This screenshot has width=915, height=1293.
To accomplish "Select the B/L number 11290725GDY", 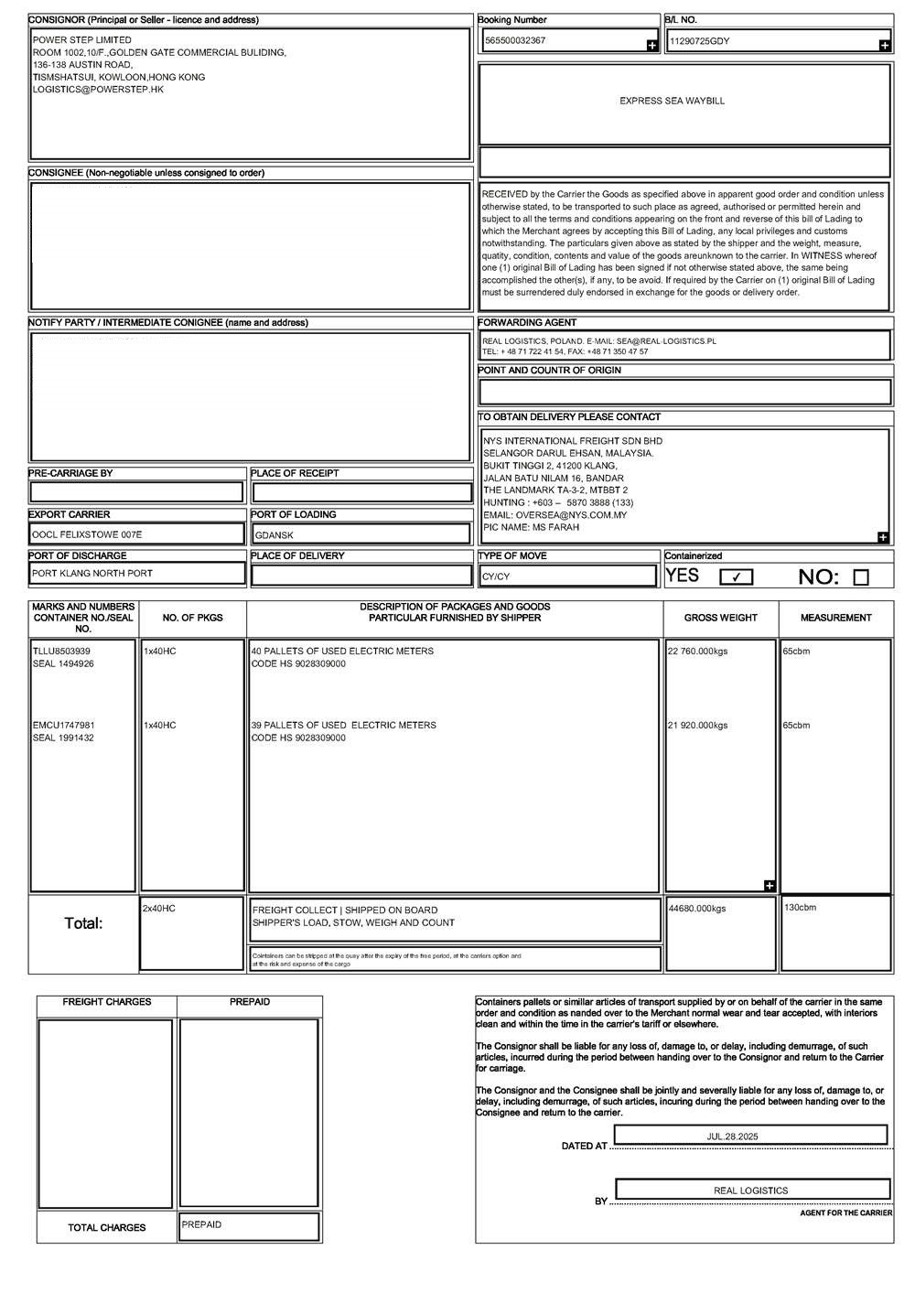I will click(x=700, y=41).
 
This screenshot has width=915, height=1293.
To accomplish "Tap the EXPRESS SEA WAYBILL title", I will click(x=672, y=101).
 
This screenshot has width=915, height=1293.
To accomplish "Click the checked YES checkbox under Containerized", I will click(x=737, y=576).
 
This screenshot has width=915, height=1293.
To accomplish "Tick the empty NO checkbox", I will click(x=860, y=577).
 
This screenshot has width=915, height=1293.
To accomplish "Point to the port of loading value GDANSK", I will click(x=274, y=535).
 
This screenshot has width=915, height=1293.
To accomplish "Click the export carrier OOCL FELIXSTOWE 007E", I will click(x=87, y=534).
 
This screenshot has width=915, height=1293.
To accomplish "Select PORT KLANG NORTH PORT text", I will click(x=92, y=574).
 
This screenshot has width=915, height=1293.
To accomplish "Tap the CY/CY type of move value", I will click(x=497, y=576).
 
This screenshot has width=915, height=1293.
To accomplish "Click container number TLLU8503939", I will click(x=61, y=652).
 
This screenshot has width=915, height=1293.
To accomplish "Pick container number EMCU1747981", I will click(x=63, y=725).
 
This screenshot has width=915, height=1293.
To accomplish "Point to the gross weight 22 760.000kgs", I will click(x=697, y=652).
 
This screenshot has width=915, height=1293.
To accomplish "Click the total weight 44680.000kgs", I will click(x=697, y=909).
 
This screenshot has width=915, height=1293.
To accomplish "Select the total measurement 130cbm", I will click(x=800, y=907).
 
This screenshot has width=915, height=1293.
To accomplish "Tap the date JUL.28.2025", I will click(x=732, y=1136).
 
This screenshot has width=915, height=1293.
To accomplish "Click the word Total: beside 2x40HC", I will click(x=83, y=923).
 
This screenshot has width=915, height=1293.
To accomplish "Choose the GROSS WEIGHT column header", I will click(x=720, y=618).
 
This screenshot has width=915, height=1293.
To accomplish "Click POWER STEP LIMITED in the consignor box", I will click(x=81, y=40).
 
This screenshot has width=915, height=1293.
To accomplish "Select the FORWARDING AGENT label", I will click(x=527, y=323).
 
